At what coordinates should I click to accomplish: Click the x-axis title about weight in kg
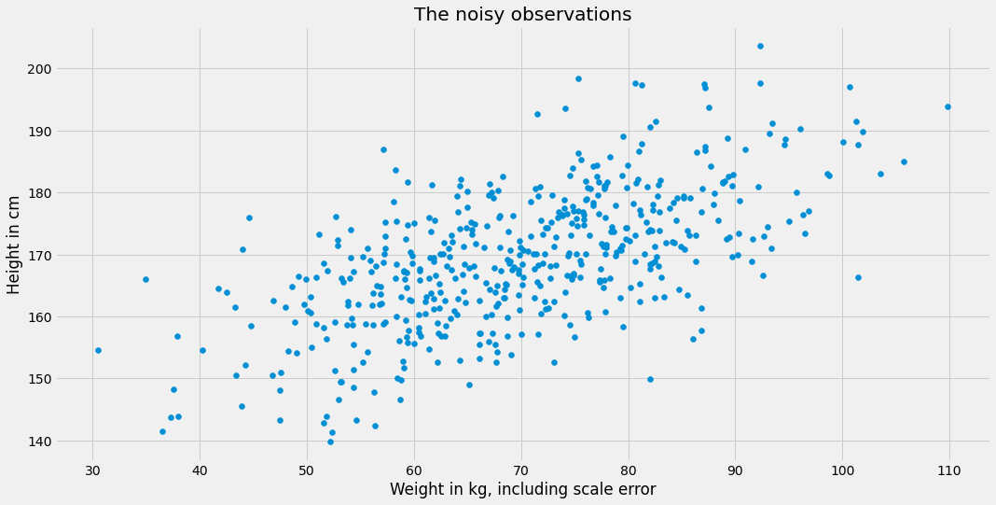click(522, 489)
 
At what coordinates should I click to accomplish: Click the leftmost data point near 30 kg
click(98, 350)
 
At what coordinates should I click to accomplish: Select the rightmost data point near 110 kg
click(948, 106)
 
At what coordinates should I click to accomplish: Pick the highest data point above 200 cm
click(760, 46)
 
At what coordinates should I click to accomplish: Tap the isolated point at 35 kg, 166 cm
click(145, 279)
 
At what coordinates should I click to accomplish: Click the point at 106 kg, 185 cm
click(904, 161)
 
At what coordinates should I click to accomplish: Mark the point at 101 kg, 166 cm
click(858, 277)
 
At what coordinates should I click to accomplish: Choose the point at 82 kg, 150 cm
click(650, 379)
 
